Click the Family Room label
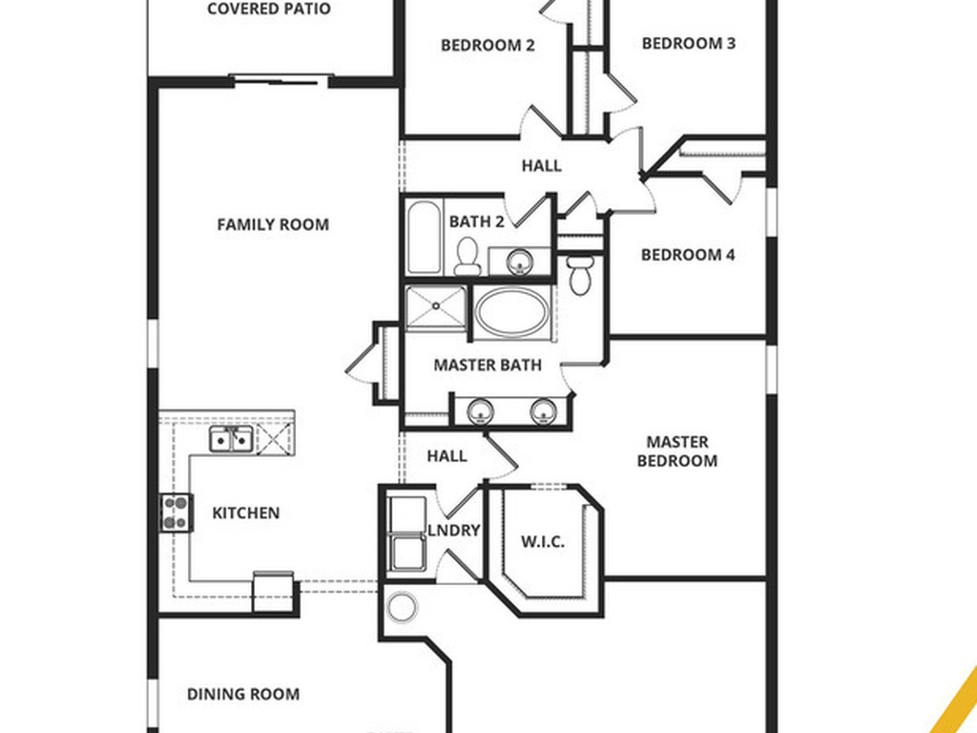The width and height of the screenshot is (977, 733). (x=273, y=225)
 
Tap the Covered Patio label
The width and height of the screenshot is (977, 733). (x=269, y=10)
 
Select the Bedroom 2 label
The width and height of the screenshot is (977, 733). (x=488, y=45)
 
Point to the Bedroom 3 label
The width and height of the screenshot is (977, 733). (x=688, y=43)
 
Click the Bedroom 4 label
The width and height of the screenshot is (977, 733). (x=688, y=255)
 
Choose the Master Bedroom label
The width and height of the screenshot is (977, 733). (x=677, y=451)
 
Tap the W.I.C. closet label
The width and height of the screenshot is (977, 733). (x=542, y=541)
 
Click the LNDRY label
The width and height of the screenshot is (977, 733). (x=453, y=531)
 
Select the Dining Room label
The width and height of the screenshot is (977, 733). (x=242, y=694)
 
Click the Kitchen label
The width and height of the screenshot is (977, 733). (x=245, y=513)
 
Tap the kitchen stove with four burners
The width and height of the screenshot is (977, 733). (x=176, y=513)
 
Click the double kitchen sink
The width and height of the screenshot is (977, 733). (x=231, y=439)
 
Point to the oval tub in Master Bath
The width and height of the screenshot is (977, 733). (x=511, y=312)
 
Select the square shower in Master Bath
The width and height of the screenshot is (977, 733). (x=436, y=307)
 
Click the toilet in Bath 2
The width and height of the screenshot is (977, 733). (x=468, y=254)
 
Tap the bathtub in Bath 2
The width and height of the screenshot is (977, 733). (x=424, y=237)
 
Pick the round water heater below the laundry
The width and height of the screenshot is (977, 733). (x=402, y=607)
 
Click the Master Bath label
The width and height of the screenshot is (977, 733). (x=487, y=365)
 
